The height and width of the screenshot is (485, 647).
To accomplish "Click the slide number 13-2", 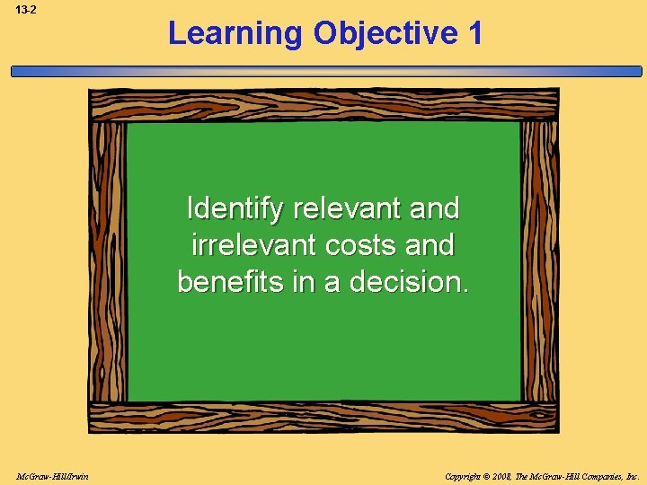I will click(x=25, y=9).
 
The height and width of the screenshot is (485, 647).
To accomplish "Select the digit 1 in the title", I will click(x=474, y=34).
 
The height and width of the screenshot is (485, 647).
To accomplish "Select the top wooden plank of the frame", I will click(x=323, y=104).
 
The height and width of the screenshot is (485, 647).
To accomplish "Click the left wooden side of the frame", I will click(x=108, y=260).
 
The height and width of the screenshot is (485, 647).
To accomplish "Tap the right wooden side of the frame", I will click(x=539, y=260).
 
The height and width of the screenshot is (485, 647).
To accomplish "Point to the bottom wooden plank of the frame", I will click(x=323, y=417).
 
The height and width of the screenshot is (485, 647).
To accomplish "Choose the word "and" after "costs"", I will click(x=430, y=244).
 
